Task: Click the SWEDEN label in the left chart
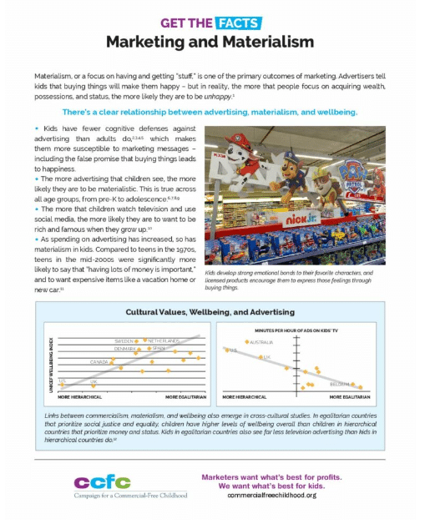[x=125, y=341]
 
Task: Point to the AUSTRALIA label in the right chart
[x=262, y=342]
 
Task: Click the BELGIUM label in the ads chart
[x=338, y=384]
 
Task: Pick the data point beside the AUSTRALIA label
[x=246, y=342]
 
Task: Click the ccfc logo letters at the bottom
[x=103, y=482]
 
